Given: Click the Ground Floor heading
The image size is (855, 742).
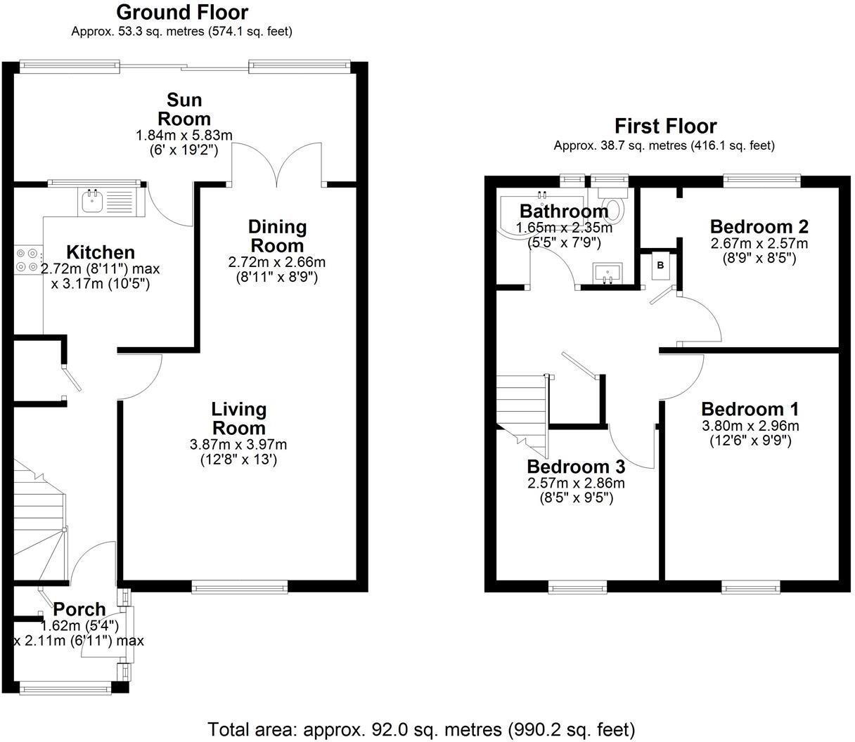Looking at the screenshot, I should tap(182, 13).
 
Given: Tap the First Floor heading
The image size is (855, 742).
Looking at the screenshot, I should tap(665, 126).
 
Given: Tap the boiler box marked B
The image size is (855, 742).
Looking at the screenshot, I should tap(660, 266).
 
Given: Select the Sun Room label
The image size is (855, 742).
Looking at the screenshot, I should tap(184, 108).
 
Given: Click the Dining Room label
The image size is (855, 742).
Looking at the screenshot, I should tap(277, 236).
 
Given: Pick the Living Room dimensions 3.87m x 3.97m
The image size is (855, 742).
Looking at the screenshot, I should tap(238, 445).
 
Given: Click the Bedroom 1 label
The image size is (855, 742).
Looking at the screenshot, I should tap(750, 409).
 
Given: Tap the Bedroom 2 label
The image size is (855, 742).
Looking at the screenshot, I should tap(759, 227).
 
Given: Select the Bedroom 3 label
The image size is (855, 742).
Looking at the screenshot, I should tap(576, 467).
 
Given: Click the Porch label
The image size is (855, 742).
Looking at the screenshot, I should tap(79, 609).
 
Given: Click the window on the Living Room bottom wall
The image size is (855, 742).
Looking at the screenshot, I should tap(240, 587).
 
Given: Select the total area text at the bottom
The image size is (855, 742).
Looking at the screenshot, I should tap(421, 729).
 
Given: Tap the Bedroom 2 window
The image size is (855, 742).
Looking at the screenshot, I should tap(763, 180).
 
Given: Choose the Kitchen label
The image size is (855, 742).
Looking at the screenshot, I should tap(100, 252).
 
